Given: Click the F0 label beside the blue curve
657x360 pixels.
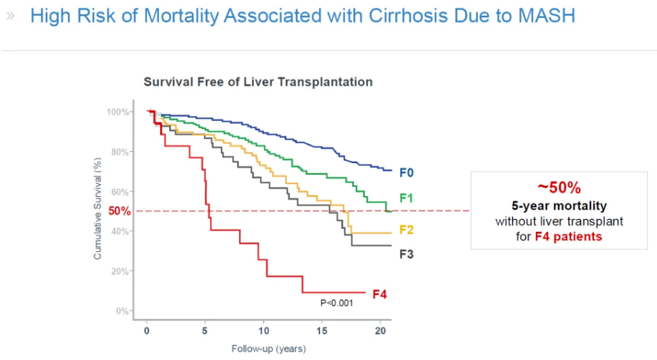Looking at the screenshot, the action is pyautogui.click(x=406, y=172).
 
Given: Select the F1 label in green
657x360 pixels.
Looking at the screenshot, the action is pyautogui.click(x=406, y=198).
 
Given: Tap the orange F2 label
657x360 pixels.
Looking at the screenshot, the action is pyautogui.click(x=406, y=230).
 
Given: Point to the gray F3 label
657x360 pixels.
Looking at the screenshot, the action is pyautogui.click(x=406, y=254).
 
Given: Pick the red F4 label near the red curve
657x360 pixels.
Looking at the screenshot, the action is pyautogui.click(x=379, y=294).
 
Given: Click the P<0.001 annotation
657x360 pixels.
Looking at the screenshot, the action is pyautogui.click(x=337, y=303).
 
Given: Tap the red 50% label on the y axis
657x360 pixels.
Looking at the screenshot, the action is pyautogui.click(x=120, y=211).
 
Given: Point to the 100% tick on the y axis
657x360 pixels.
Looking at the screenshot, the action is pyautogui.click(x=118, y=112).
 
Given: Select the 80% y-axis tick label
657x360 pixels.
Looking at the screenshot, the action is pyautogui.click(x=120, y=152).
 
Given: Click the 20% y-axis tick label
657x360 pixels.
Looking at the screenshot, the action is pyautogui.click(x=120, y=271).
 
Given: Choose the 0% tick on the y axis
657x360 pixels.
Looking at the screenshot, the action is pyautogui.click(x=122, y=311).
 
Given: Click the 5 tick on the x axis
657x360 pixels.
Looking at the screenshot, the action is pyautogui.click(x=205, y=331).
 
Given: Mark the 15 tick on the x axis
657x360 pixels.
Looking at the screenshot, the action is pyautogui.click(x=322, y=331).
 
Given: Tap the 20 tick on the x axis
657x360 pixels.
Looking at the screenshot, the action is pyautogui.click(x=380, y=331).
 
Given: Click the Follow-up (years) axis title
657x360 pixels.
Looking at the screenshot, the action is pyautogui.click(x=268, y=349).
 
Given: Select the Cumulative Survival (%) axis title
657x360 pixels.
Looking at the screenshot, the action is pyautogui.click(x=97, y=209).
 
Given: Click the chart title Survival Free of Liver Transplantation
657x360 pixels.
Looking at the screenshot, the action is pyautogui.click(x=258, y=82).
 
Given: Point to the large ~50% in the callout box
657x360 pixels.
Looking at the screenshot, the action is pyautogui.click(x=559, y=188).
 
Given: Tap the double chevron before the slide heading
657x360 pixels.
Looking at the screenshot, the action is pyautogui.click(x=11, y=16).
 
